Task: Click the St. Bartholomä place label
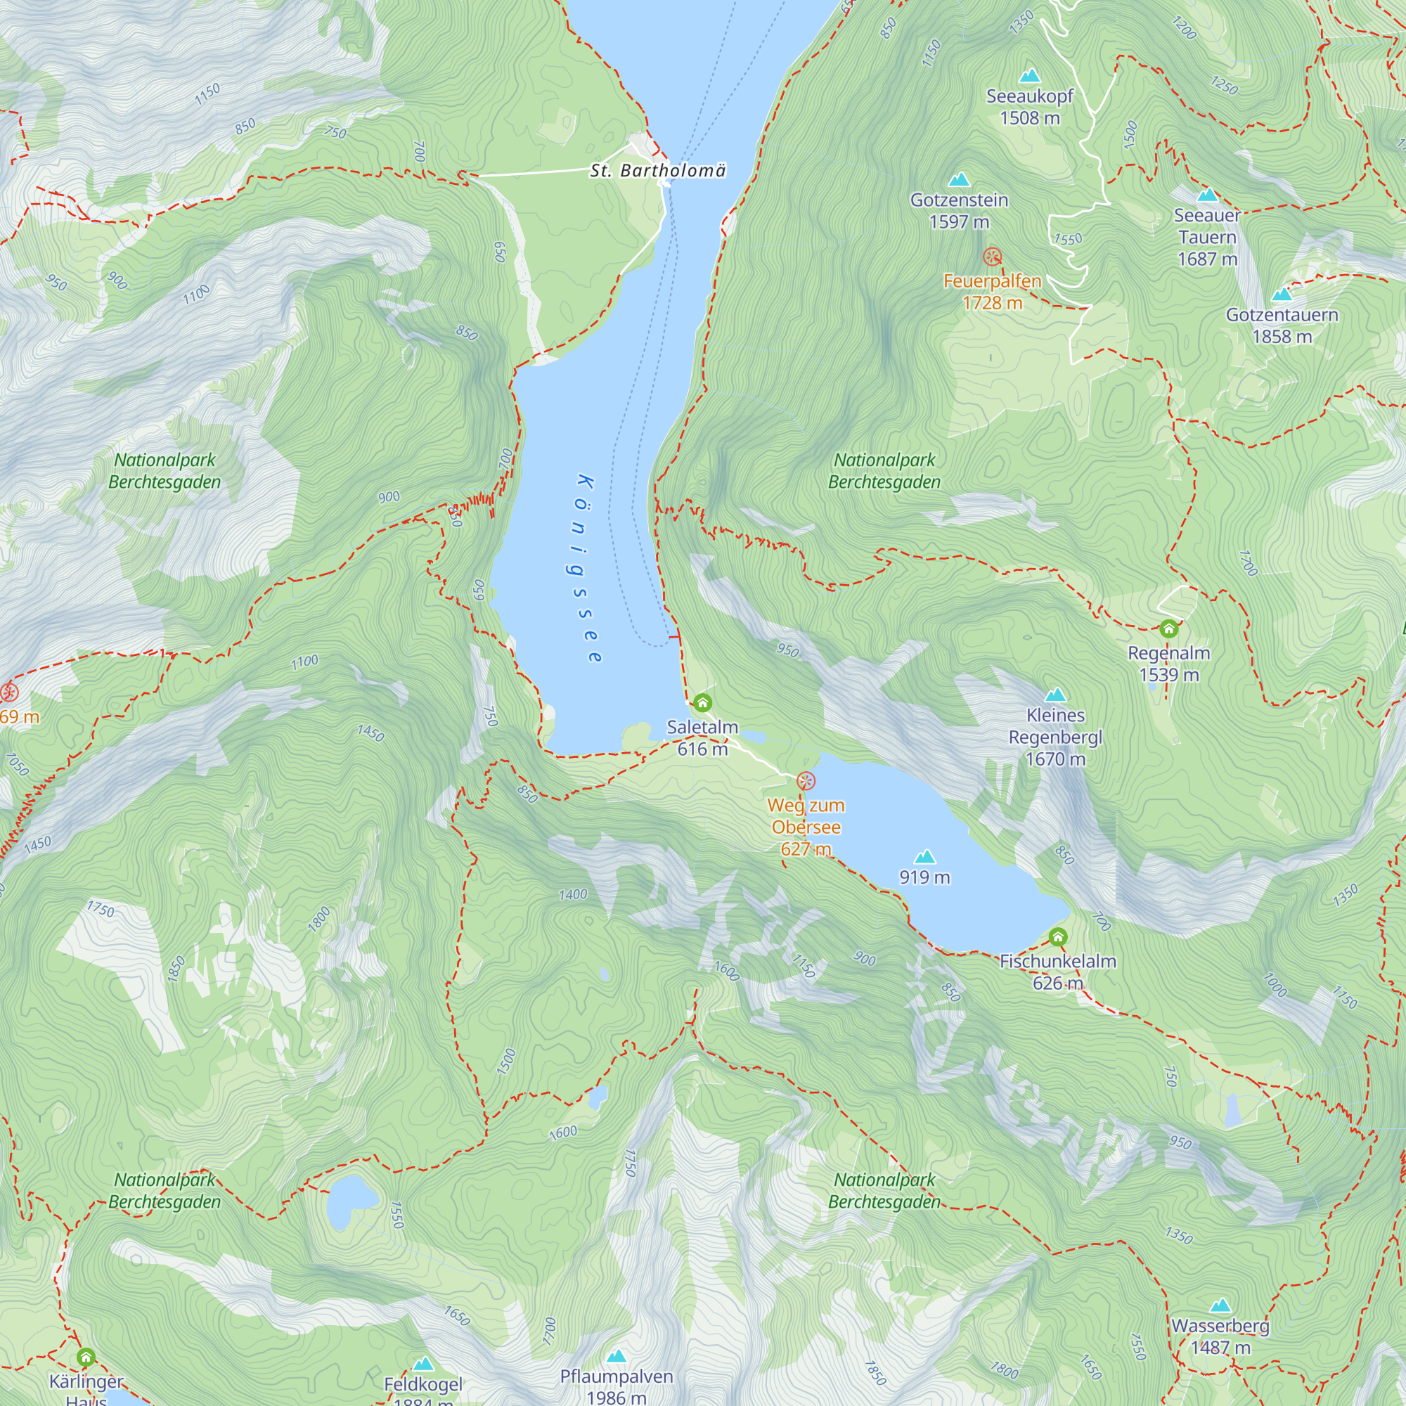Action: (x=658, y=171)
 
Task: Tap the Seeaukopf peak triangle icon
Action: (x=1029, y=76)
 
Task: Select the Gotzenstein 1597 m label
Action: (x=959, y=210)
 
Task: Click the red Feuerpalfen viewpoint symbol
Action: (x=992, y=256)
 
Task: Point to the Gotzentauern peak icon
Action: (x=1282, y=295)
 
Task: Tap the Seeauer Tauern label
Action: (x=1207, y=237)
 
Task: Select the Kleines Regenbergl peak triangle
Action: (x=1055, y=695)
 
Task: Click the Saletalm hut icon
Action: (x=702, y=703)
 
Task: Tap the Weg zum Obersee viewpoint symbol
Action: (x=806, y=782)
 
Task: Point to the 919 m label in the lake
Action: (x=924, y=877)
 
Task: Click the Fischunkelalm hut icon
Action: (x=1058, y=937)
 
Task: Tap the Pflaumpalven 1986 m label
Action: (x=617, y=1386)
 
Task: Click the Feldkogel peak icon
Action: (x=423, y=1364)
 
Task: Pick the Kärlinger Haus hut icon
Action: (x=86, y=1357)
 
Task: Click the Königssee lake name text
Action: (x=588, y=569)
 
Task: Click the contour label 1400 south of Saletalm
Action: (x=573, y=895)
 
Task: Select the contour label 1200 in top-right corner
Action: (x=1184, y=27)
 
